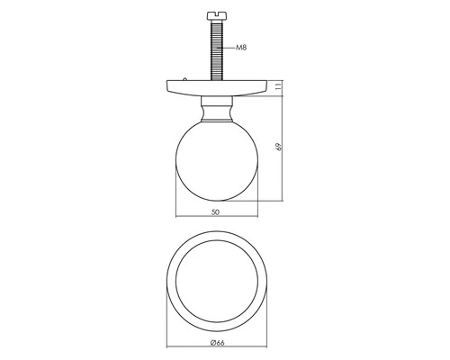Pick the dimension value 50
[x=214, y=212]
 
